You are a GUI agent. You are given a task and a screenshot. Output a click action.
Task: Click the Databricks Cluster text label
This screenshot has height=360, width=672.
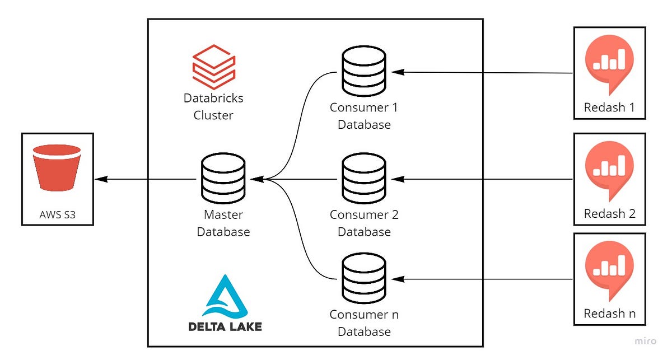click(x=213, y=107)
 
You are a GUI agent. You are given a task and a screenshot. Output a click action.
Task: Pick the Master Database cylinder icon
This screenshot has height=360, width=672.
click(x=223, y=179)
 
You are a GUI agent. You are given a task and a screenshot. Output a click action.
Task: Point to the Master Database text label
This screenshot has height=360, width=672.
click(x=223, y=223)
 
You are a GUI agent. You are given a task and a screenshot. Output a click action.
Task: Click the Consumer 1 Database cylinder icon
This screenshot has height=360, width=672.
click(x=364, y=71)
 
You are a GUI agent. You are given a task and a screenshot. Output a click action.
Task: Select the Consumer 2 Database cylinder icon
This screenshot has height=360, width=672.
click(x=364, y=179)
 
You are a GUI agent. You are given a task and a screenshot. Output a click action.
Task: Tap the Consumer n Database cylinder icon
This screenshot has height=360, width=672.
click(x=364, y=278)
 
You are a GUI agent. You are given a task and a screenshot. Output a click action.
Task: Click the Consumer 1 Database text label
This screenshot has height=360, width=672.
click(x=364, y=115)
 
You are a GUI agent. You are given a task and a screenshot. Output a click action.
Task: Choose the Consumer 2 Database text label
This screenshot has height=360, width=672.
click(x=364, y=223)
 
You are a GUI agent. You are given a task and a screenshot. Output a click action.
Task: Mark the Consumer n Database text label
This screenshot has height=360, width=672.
click(x=364, y=323)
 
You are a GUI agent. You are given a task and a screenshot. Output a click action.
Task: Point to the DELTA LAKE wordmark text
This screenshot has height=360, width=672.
click(x=225, y=326)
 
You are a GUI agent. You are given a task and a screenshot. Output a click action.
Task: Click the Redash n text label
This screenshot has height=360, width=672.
click(x=609, y=314)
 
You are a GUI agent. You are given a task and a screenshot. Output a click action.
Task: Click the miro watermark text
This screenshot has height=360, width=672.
click(x=646, y=340)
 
